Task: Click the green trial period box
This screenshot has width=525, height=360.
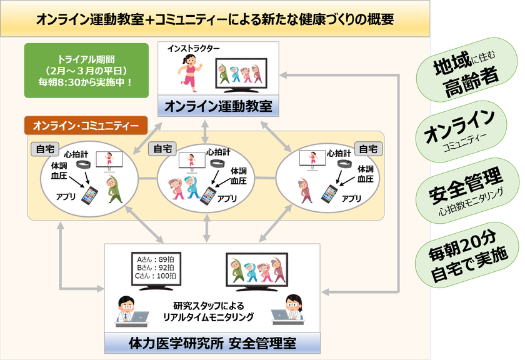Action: [86, 71]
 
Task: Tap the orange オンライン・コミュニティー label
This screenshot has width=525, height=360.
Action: [86, 126]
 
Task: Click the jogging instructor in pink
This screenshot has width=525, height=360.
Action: [189, 72]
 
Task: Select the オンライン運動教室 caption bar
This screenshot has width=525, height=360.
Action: [218, 106]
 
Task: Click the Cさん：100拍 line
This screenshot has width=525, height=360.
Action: [156, 276]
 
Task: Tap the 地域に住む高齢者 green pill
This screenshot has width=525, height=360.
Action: [466, 70]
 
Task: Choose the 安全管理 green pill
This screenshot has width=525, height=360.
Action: [467, 191]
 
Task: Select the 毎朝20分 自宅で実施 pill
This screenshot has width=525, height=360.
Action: [467, 255]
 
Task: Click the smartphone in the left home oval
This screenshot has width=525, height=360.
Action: [90, 196]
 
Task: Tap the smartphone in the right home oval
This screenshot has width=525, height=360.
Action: [329, 194]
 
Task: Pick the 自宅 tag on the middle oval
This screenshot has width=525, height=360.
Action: [162, 149]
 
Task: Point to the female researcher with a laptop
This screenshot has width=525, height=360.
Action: [288, 310]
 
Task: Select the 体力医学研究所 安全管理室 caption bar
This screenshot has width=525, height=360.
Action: [212, 343]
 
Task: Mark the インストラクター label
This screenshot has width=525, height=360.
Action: [194, 49]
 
